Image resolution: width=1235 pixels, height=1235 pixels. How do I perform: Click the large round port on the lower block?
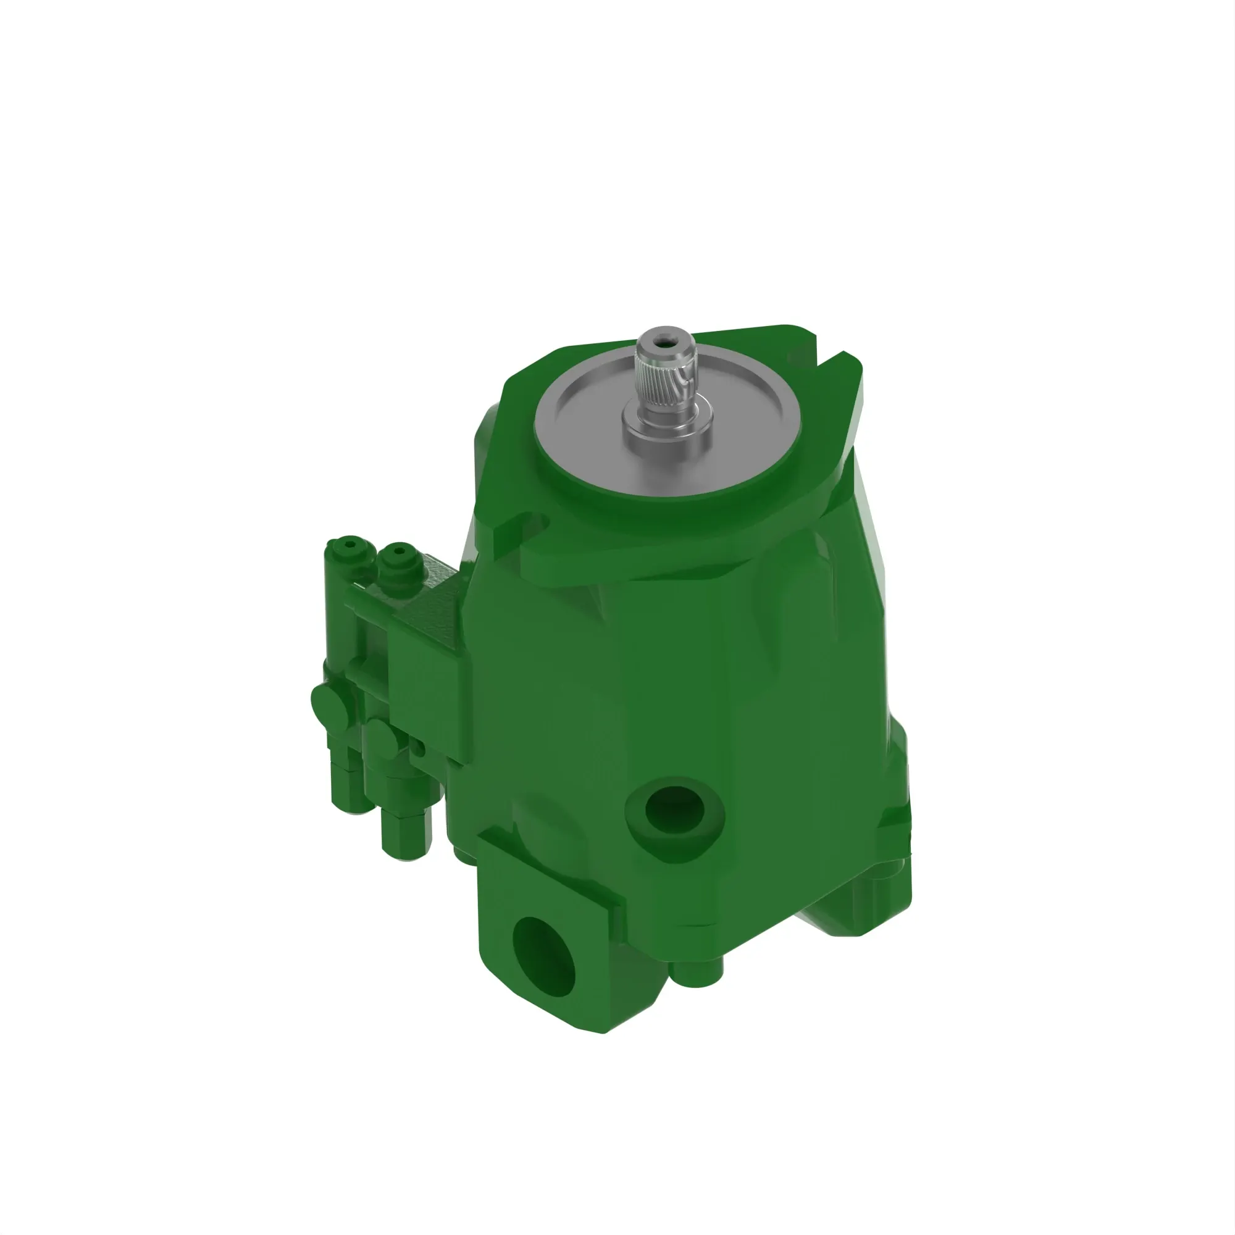pyautogui.click(x=543, y=956)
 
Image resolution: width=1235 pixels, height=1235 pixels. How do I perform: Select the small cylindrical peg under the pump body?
pyautogui.click(x=698, y=974)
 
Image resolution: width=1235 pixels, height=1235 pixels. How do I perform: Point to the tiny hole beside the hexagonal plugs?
pyautogui.click(x=419, y=747)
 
